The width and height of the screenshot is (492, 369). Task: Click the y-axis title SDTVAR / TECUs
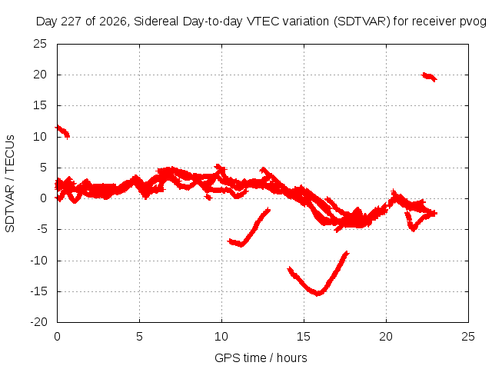(x=10, y=184)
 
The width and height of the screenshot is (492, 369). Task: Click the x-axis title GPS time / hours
(x=261, y=357)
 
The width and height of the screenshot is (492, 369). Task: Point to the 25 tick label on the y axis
(x=40, y=44)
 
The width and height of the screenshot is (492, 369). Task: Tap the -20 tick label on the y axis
(x=38, y=322)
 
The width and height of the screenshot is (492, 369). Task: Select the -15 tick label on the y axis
(x=38, y=291)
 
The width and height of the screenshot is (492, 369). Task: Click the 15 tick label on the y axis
(x=40, y=106)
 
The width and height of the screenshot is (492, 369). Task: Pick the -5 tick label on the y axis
(x=42, y=229)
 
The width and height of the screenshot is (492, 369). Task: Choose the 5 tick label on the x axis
(x=139, y=337)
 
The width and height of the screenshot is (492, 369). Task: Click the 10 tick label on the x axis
(x=221, y=337)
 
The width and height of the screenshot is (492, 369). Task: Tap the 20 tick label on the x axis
(x=386, y=337)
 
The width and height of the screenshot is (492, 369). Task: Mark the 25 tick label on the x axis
(x=468, y=337)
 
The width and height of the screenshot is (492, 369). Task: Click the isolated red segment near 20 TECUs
(x=429, y=77)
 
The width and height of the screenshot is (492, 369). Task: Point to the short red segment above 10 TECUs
(x=62, y=131)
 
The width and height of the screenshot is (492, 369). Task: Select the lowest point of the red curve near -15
(x=317, y=294)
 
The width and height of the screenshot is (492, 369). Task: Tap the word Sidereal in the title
(x=155, y=22)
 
